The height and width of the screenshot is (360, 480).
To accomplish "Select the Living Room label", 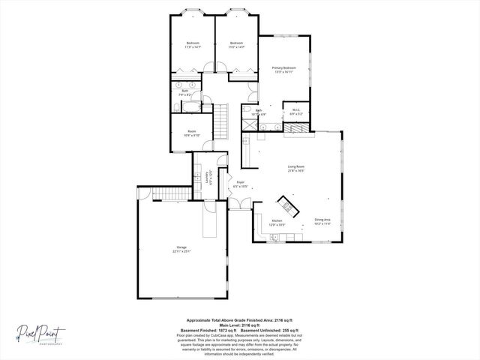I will tap(295, 168).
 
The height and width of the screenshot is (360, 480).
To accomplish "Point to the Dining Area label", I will tap(323, 221).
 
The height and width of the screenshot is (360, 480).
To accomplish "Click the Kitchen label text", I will tap(277, 222).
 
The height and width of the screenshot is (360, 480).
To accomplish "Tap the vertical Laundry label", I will tap(209, 178).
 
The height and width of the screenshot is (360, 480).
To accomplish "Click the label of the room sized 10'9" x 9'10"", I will tap(193, 133).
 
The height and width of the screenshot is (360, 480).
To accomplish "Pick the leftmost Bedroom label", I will tap(193, 44).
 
